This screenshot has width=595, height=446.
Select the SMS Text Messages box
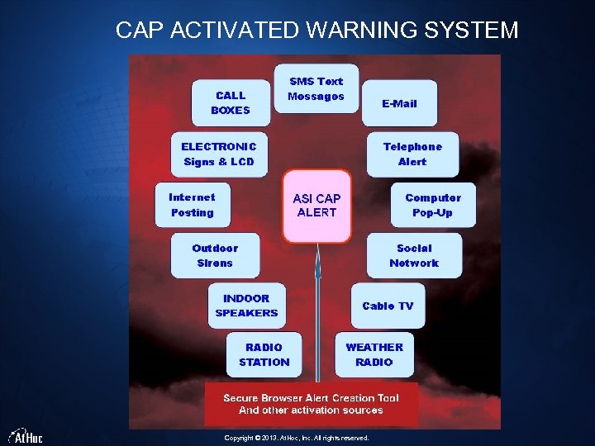316,88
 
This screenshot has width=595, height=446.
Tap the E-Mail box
399,104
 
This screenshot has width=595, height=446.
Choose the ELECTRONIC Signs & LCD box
219,154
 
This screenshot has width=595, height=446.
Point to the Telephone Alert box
412,154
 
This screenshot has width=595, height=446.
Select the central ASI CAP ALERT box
317,206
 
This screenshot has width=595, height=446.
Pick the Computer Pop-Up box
433,206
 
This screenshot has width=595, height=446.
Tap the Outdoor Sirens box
215,255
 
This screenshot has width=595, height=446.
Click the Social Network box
414,255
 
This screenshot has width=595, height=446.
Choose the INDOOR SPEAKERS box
246,306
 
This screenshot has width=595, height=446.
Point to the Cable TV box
388,306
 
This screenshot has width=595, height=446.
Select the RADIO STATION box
264,354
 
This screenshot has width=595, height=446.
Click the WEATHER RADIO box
374,354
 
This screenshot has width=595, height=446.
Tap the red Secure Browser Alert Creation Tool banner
311,404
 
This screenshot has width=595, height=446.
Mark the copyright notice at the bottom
297,438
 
